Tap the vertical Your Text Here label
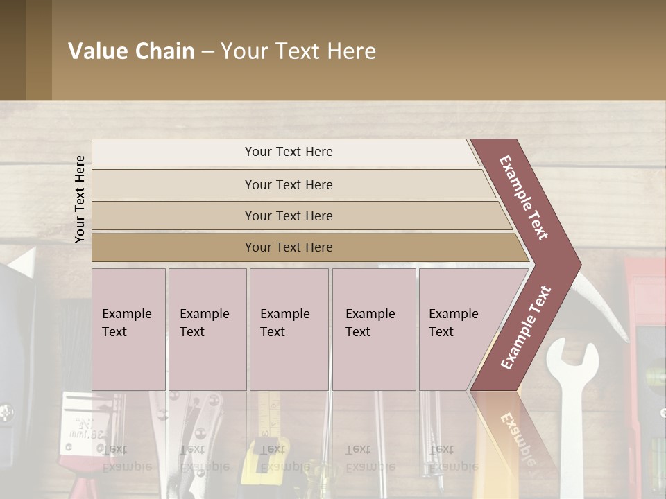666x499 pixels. [x=80, y=199]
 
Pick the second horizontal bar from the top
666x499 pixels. [x=289, y=184]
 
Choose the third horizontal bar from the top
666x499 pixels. [x=289, y=216]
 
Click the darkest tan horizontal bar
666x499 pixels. [x=289, y=247]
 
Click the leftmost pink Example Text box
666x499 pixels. [x=128, y=329]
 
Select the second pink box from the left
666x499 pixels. [x=207, y=329]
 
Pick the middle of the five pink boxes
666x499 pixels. [x=289, y=329]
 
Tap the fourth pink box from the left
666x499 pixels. [x=373, y=329]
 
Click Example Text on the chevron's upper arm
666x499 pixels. [x=524, y=198]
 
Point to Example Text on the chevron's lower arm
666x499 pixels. [x=526, y=328]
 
